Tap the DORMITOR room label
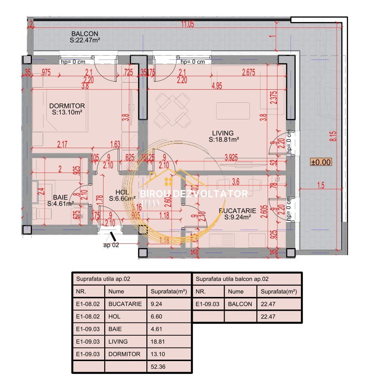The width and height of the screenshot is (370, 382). (x=67, y=106)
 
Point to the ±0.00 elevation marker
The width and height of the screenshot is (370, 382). (x=321, y=162)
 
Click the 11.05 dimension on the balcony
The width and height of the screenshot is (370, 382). (x=187, y=24)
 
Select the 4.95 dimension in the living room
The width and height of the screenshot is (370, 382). (x=217, y=86)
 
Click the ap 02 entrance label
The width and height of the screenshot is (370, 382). (x=111, y=244)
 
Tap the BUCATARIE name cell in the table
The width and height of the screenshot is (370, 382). (x=125, y=304)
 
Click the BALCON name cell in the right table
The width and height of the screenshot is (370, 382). (x=240, y=304)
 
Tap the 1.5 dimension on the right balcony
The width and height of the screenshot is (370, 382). (x=321, y=186)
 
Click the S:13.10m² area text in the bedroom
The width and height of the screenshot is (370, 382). (x=68, y=112)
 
